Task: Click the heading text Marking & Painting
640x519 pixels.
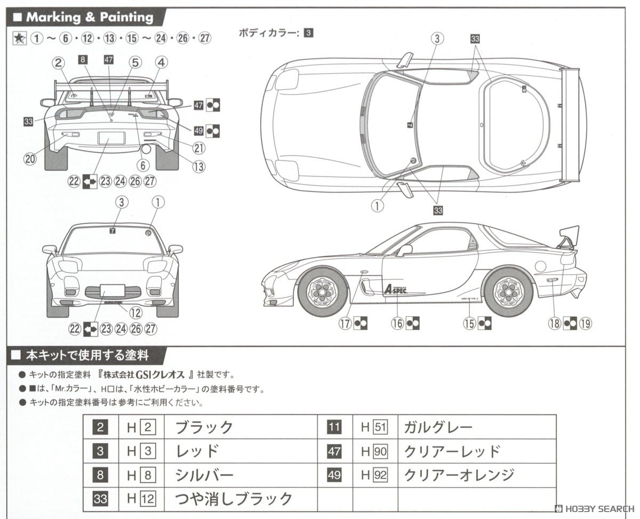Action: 89,17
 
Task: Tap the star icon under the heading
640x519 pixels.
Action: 19,38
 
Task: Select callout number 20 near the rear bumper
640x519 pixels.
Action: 30,159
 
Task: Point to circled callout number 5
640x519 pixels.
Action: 135,62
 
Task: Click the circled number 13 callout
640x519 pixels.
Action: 198,166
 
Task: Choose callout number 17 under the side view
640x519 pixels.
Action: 346,323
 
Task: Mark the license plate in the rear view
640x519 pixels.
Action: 111,138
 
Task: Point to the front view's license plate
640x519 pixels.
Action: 112,291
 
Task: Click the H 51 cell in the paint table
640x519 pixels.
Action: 373,427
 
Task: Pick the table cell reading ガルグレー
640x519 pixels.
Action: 438,427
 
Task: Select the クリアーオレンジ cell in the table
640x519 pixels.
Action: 459,475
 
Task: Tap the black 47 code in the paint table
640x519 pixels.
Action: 334,451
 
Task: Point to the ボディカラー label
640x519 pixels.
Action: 269,33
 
